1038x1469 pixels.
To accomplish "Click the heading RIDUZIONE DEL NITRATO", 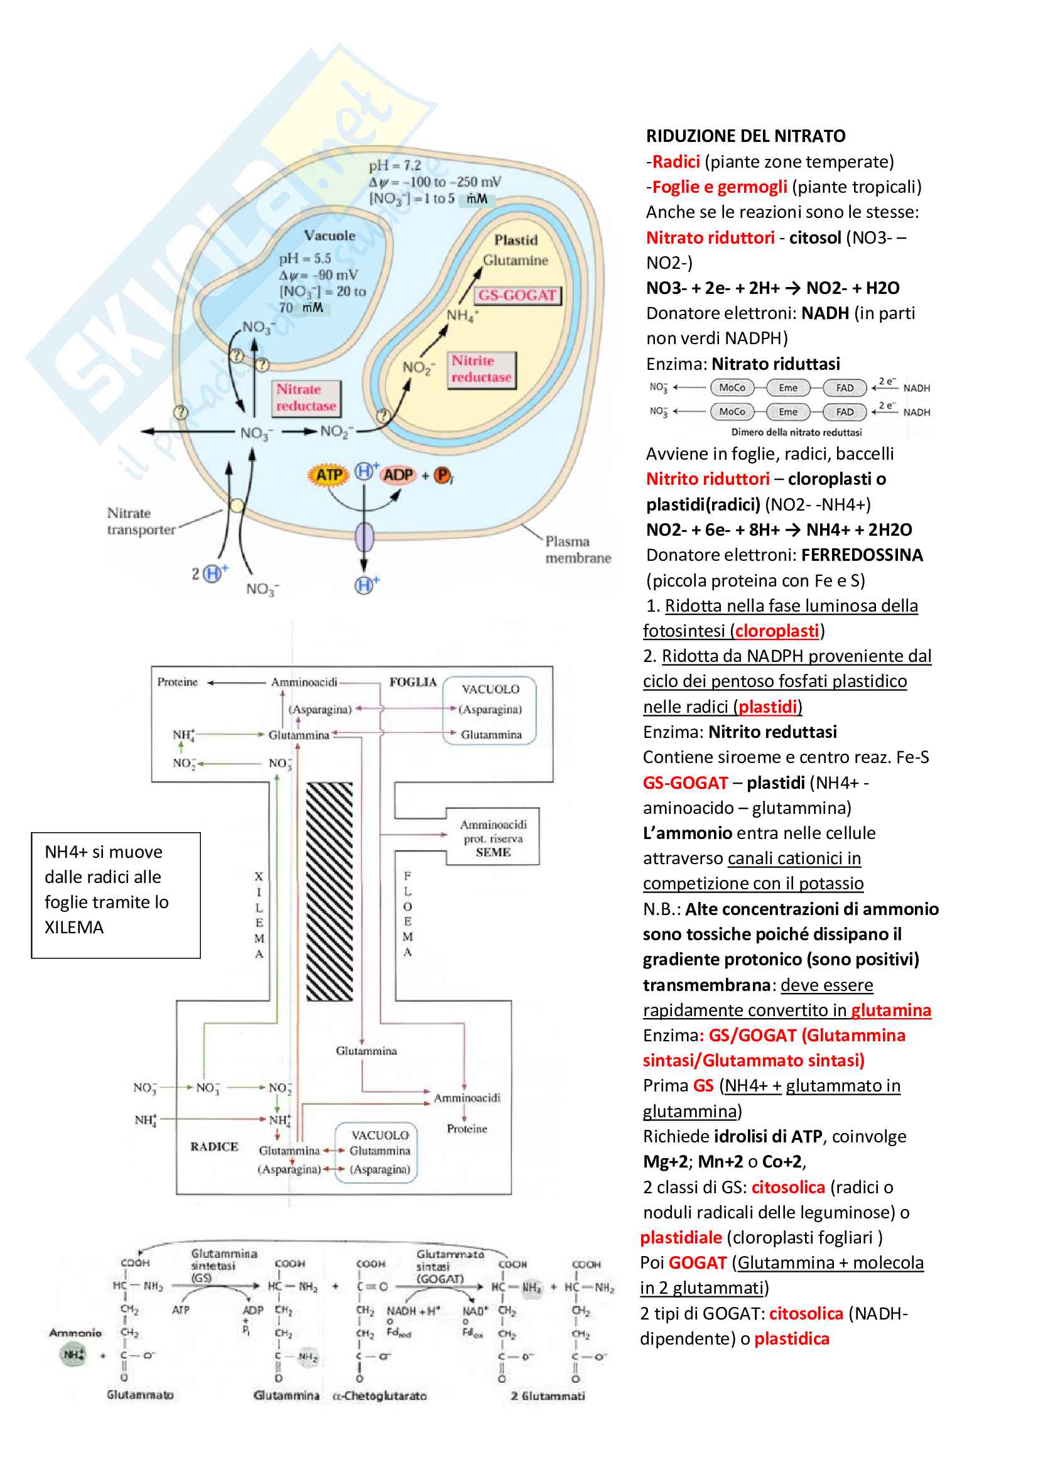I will (745, 136).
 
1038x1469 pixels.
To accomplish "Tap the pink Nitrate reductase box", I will (306, 398).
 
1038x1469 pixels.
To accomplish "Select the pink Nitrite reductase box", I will (481, 369).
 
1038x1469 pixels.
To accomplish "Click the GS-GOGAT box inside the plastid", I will (517, 295).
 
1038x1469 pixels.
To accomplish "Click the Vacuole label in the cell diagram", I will (330, 236).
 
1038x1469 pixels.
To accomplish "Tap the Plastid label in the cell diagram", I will (516, 240).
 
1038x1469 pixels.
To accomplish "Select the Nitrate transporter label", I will (141, 521).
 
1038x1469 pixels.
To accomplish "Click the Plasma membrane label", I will (578, 550).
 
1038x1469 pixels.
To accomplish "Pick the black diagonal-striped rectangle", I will (330, 891).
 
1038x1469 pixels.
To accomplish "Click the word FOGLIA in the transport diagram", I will (413, 682).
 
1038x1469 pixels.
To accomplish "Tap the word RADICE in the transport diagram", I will (214, 1147).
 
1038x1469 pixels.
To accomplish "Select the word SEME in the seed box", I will (493, 852).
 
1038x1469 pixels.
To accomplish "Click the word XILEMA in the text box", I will (74, 927).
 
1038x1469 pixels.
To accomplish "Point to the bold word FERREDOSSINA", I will (862, 555).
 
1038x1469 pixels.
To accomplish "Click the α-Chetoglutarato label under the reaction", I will (380, 1396).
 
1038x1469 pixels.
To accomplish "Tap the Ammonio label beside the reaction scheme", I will (75, 1333).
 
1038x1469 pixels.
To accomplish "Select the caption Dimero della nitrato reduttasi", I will (796, 433).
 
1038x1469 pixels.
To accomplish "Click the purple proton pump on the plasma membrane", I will (365, 536).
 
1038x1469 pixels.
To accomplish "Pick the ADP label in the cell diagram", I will (397, 475).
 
